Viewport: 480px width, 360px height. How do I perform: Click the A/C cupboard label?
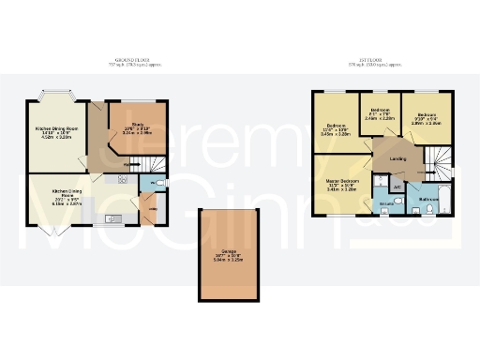[x=397, y=187]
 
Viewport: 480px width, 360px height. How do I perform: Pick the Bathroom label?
[x=429, y=200]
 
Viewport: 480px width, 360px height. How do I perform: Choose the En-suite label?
[x=385, y=202]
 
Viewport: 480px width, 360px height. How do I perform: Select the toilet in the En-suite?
[x=387, y=210]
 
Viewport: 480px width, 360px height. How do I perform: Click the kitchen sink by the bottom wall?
[x=112, y=218]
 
